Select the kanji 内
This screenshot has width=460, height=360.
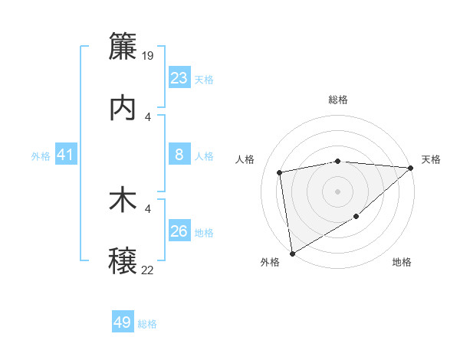coord(123,108)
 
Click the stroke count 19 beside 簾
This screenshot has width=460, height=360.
coord(149,55)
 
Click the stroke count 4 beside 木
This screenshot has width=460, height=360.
coord(148,208)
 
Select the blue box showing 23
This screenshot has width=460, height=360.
coord(179,78)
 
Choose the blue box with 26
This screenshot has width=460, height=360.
coord(179,232)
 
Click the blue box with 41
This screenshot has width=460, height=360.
coord(66,155)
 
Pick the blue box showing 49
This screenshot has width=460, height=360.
coord(123,322)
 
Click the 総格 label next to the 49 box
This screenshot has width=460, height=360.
coord(148,324)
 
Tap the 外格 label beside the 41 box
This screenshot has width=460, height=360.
coord(41,156)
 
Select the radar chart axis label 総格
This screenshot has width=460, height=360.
coord(338,100)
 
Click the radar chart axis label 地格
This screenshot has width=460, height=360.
coord(402,263)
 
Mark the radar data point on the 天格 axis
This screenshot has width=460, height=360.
coord(410,168)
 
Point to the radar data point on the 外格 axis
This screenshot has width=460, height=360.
coord(292,253)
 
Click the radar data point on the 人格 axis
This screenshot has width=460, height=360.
coord(281,172)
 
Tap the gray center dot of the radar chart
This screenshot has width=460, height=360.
coord(338,191)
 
